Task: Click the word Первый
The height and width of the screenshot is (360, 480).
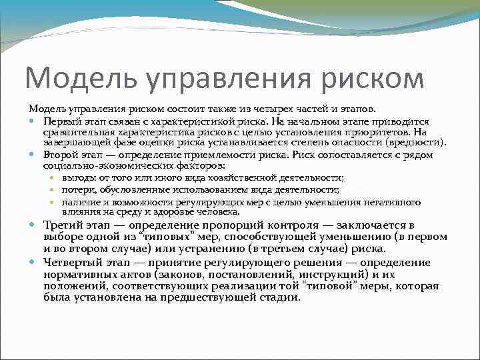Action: pyautogui.click(x=62, y=122)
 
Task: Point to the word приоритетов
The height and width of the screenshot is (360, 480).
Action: pyautogui.click(x=379, y=132)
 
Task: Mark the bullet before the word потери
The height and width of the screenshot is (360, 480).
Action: pyautogui.click(x=54, y=190)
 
